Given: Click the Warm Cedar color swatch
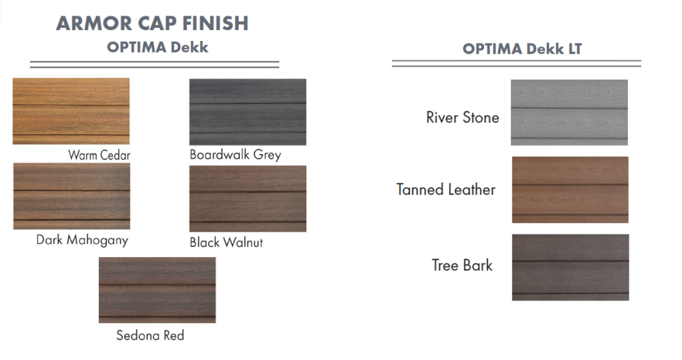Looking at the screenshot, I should tap(71, 111).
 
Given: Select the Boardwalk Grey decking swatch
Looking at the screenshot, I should tap(248, 112).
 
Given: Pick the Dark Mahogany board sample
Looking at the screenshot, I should tap(72, 196).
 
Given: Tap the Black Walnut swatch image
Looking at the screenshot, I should tap(248, 198).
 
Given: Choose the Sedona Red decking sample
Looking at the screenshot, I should tap(158, 290).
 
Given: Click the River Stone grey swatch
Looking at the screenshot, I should tap(569, 112).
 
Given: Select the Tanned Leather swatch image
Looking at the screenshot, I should tap(569, 190).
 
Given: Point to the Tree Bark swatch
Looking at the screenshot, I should tap(570, 267).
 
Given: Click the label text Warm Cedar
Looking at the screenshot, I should tap(99, 155).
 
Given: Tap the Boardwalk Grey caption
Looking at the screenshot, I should tap(235, 154).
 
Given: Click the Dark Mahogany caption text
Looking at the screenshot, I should tap(82, 240).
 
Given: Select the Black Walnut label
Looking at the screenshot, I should tap(226, 242).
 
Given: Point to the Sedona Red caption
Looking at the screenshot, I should tap(150, 335).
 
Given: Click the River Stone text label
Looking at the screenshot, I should tap(462, 117).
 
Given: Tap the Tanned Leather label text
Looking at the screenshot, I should tap(446, 190).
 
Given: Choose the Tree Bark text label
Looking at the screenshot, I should tap(462, 265).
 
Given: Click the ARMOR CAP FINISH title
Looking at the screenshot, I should tap(152, 23).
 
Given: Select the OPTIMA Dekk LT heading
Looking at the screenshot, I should tap(522, 49).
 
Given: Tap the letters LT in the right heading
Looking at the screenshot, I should tap(573, 49).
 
